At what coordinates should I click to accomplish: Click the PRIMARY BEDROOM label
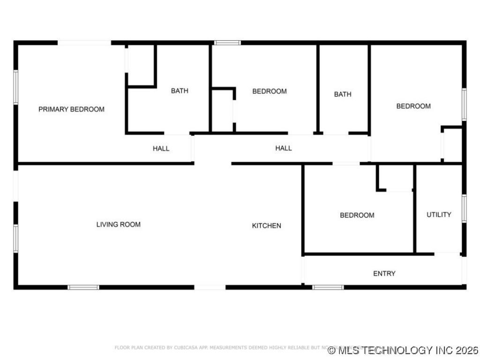(71, 109)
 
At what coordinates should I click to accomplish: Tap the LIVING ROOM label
(118, 225)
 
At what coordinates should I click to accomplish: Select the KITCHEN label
(267, 225)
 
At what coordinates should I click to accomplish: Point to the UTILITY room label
(439, 215)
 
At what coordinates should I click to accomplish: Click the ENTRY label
(384, 273)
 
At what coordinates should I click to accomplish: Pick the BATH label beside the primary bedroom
(180, 90)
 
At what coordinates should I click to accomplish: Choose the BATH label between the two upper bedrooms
(343, 94)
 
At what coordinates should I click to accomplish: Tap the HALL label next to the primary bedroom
(161, 149)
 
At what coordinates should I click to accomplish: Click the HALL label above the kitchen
(284, 148)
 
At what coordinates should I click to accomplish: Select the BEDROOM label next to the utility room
(357, 215)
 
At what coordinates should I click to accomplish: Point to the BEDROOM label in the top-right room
(413, 106)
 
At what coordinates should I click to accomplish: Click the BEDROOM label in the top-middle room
(270, 91)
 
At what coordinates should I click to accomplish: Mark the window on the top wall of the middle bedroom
(227, 43)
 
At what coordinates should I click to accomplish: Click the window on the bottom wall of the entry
(328, 287)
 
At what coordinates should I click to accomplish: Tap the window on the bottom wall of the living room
(83, 287)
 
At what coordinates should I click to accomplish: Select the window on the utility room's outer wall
(464, 208)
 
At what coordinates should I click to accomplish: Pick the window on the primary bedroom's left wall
(15, 87)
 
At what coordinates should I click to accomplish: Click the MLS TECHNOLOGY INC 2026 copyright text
(404, 350)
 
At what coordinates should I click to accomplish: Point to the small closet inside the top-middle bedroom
(222, 110)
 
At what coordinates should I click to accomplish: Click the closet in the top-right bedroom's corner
(452, 144)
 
